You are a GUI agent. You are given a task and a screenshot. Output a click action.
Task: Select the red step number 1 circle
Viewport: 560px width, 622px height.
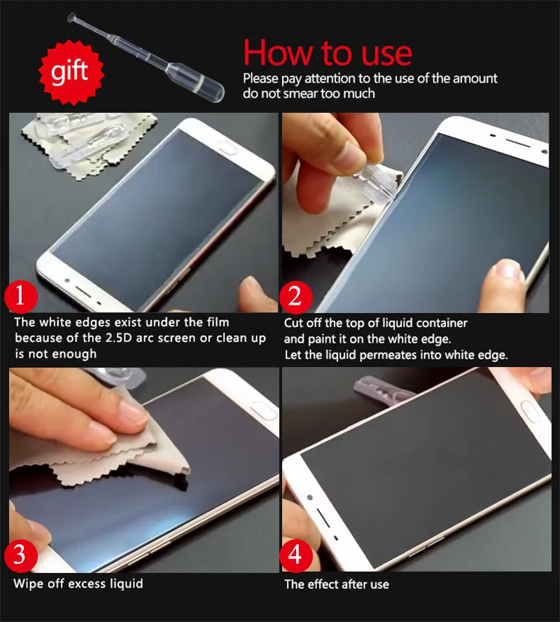click(x=22, y=296)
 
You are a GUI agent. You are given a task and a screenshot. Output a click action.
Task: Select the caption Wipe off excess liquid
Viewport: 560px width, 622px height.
click(x=78, y=583)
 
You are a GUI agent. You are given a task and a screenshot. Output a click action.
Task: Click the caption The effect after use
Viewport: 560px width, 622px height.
click(x=336, y=583)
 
